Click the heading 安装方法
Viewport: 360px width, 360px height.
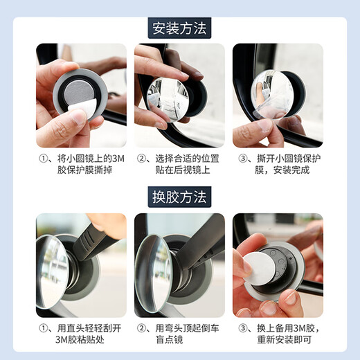(x=179, y=28)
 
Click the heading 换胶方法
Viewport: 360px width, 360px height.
(x=179, y=197)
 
